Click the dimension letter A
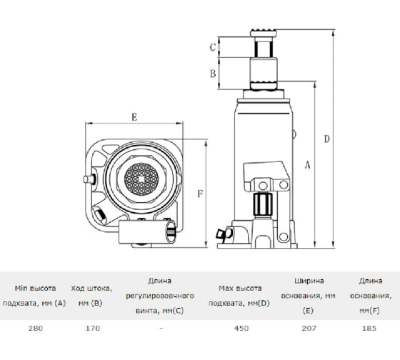[x=308, y=165]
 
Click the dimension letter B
[x=213, y=74]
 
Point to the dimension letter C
[x=213, y=47]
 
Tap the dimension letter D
[x=327, y=139]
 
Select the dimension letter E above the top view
[x=134, y=117]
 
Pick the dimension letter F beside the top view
[x=200, y=194]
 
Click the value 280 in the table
[x=36, y=328]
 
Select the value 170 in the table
[x=92, y=328]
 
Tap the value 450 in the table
[x=241, y=328]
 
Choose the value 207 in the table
[x=309, y=328]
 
